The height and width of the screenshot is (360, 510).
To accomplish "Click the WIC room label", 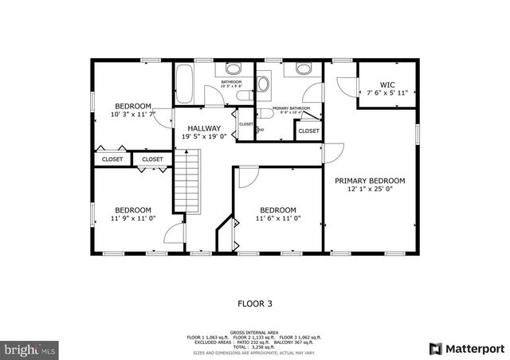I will click(386, 84).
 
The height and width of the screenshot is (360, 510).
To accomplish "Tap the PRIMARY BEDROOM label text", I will click(370, 181).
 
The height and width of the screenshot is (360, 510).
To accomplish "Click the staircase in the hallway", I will click(186, 183).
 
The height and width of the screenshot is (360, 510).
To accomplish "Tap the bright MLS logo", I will click(30, 349).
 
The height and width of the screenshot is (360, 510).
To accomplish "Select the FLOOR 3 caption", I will click(255, 303).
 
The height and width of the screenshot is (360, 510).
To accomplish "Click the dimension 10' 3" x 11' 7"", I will click(133, 115).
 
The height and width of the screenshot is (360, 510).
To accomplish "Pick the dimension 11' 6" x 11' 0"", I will click(278, 218).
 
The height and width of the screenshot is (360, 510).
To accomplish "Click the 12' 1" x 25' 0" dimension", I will click(370, 190).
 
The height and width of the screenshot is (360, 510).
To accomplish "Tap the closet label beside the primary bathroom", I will click(308, 131).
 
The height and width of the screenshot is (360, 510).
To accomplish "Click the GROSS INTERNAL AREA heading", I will click(255, 331).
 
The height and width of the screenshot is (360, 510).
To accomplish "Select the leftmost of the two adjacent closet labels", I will click(112, 159).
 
